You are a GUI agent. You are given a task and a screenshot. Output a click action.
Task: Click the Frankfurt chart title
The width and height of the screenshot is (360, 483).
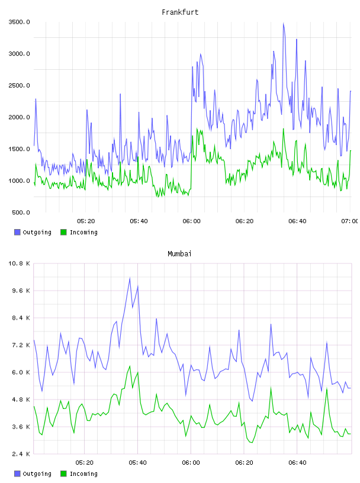point(180,12)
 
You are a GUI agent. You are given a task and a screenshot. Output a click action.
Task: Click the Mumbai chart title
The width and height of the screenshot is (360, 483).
point(179,254)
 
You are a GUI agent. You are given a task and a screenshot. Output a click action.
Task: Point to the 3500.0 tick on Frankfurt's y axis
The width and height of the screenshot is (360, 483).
point(19,22)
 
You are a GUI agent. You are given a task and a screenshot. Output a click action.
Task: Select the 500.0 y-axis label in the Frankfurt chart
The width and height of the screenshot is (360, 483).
point(21,212)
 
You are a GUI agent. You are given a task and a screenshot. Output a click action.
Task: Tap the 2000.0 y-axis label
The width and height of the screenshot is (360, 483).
point(19,117)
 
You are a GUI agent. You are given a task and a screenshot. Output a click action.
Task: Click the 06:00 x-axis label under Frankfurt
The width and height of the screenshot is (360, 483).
point(191,221)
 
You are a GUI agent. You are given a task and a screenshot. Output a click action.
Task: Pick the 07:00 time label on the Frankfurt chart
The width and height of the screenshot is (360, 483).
point(350,221)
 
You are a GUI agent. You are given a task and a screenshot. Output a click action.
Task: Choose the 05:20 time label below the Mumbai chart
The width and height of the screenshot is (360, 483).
point(85,463)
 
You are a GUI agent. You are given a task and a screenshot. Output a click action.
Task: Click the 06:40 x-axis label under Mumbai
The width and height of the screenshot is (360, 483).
point(297,463)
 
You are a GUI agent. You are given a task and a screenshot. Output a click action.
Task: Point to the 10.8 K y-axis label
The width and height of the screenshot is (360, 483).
point(19,263)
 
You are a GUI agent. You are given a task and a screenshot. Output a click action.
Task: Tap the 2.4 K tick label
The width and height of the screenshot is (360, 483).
point(21,454)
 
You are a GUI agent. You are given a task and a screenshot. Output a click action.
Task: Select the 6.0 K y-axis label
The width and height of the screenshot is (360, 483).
point(21,372)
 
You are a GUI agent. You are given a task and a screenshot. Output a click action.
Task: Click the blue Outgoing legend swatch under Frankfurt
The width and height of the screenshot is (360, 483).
point(17,232)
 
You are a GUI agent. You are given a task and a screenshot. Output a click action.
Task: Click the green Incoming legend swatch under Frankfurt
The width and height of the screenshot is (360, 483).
point(63,232)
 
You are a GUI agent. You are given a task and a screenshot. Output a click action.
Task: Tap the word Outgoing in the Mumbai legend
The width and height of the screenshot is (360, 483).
point(37,474)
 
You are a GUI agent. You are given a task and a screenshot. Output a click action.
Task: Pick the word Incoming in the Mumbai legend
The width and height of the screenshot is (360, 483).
point(83,474)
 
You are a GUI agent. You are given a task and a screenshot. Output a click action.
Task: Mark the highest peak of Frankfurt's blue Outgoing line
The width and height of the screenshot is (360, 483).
point(284,24)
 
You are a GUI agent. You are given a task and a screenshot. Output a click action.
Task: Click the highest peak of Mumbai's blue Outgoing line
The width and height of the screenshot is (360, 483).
point(130,278)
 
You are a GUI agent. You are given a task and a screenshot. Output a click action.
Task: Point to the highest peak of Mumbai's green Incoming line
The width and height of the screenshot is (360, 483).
point(130,366)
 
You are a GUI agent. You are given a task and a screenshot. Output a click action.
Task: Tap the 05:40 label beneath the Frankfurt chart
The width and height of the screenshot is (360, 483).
point(139,221)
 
